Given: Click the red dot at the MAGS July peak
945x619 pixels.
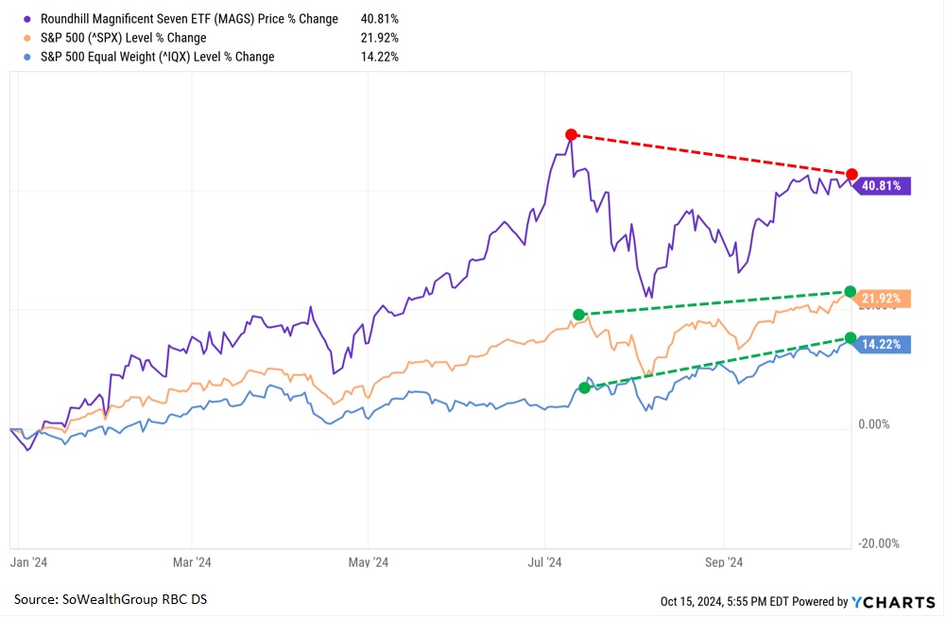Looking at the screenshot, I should tap(571, 134).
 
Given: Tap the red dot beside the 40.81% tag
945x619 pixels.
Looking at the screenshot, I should tap(852, 175).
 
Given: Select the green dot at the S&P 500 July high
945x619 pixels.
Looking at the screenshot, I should tap(578, 314).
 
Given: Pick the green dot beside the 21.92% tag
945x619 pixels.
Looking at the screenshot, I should tap(850, 291).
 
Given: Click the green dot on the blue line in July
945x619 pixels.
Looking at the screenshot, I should tap(585, 387).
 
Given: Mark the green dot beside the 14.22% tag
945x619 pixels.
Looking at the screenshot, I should tap(850, 337).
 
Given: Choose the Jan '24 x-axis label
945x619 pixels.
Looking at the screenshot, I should tap(28, 562).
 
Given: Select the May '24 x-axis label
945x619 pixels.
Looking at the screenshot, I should tap(369, 562).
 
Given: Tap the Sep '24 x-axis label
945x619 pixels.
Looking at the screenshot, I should tap(723, 562).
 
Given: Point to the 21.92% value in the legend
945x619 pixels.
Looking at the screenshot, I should tap(379, 38).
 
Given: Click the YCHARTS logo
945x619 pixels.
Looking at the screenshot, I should tap(893, 602).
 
